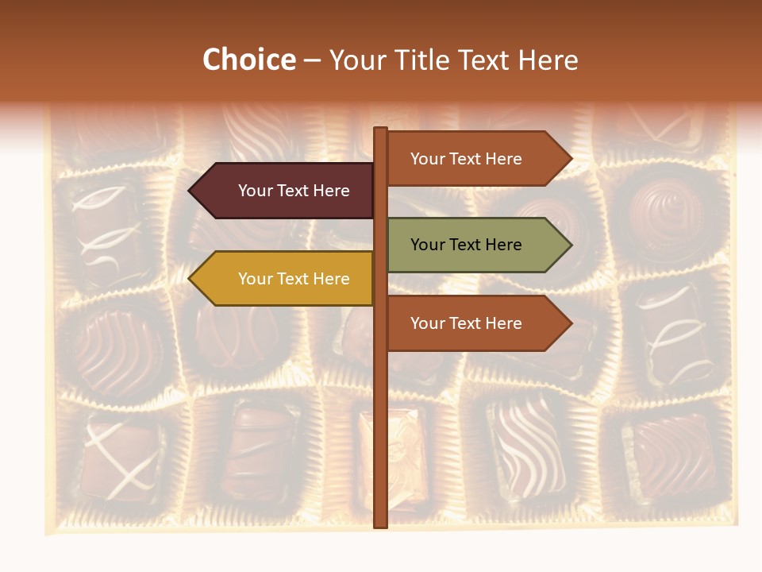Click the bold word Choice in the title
[x=248, y=60]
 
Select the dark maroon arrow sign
[x=286, y=191]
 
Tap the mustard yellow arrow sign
[x=286, y=279]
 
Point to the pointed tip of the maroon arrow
[x=191, y=191]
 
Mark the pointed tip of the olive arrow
[x=569, y=245]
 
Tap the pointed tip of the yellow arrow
[x=191, y=279]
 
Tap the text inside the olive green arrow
[x=466, y=245]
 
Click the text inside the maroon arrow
[x=294, y=191]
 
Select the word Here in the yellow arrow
[x=331, y=279]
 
